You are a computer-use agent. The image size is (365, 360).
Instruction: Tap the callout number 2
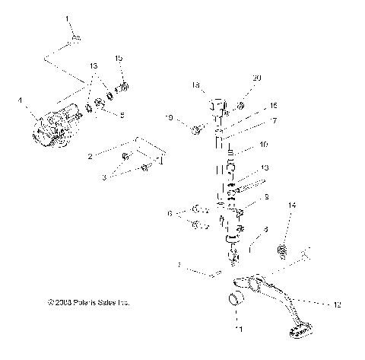pyautogui.click(x=90, y=156)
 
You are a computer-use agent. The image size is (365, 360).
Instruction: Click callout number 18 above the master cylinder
pyautogui.click(x=195, y=85)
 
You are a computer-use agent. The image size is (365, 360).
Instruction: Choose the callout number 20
pyautogui.click(x=256, y=79)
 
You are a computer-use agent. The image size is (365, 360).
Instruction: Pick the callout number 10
pyautogui.click(x=263, y=145)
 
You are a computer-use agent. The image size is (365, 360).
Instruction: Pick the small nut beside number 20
pyautogui.click(x=240, y=105)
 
